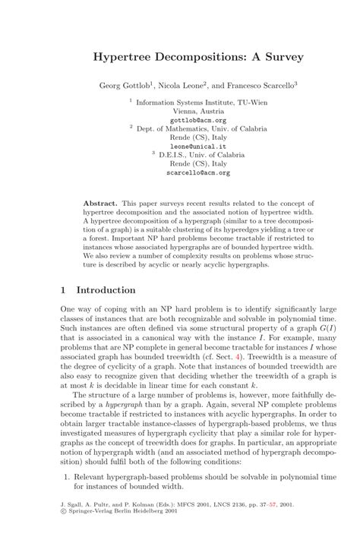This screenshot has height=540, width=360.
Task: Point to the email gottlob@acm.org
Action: [x=198, y=120]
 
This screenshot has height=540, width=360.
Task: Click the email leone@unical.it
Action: [x=198, y=146]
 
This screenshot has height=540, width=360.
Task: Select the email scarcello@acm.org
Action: [x=198, y=172]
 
